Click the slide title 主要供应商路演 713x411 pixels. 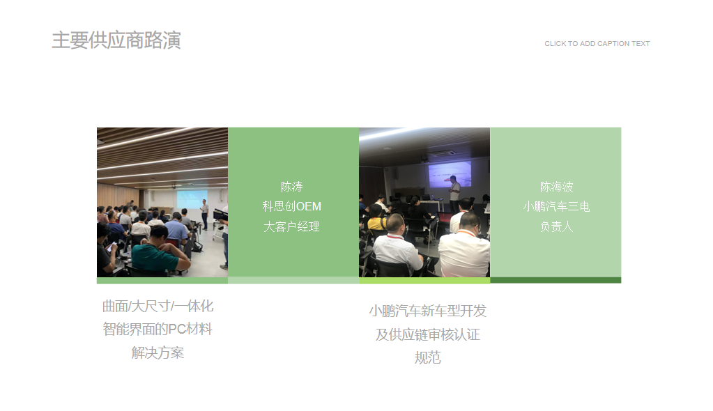coord(116,40)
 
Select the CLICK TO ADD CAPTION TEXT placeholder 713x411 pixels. coord(597,44)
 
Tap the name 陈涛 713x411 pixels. coord(291,187)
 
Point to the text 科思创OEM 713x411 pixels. coord(291,206)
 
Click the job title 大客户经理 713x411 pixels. coord(291,226)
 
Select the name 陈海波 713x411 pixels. coord(556,187)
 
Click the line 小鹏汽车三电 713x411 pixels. coord(556,206)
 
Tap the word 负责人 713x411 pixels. coord(556,226)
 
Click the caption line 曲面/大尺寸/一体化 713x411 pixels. coord(158,306)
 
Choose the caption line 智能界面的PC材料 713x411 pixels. coord(158,329)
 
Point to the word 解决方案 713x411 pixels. coord(158,352)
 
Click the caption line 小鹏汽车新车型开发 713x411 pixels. coord(427,311)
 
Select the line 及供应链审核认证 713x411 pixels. coord(427,334)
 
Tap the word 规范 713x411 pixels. coord(427,358)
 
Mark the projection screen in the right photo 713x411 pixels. coord(450,173)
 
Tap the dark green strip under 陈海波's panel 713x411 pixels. coord(555,280)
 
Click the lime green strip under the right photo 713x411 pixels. coord(424,281)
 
